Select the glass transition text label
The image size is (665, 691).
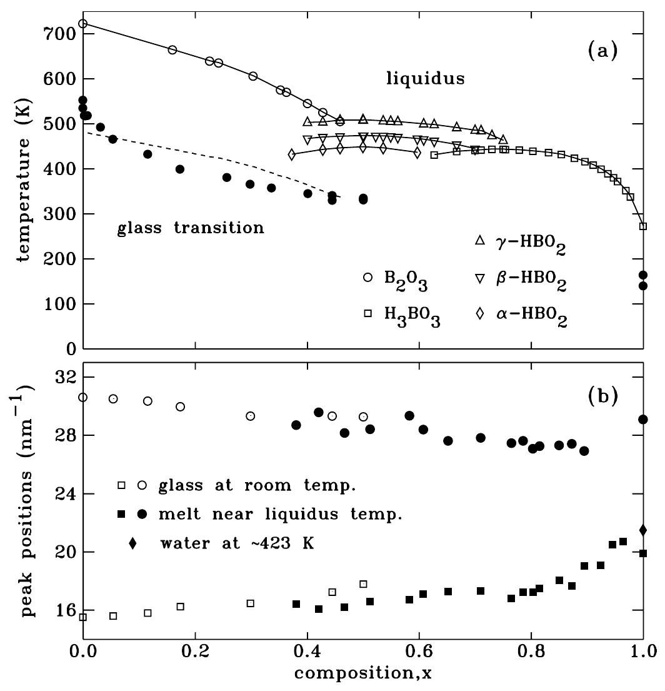click(191, 228)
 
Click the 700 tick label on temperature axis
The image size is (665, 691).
click(59, 34)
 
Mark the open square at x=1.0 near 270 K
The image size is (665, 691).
click(642, 226)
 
